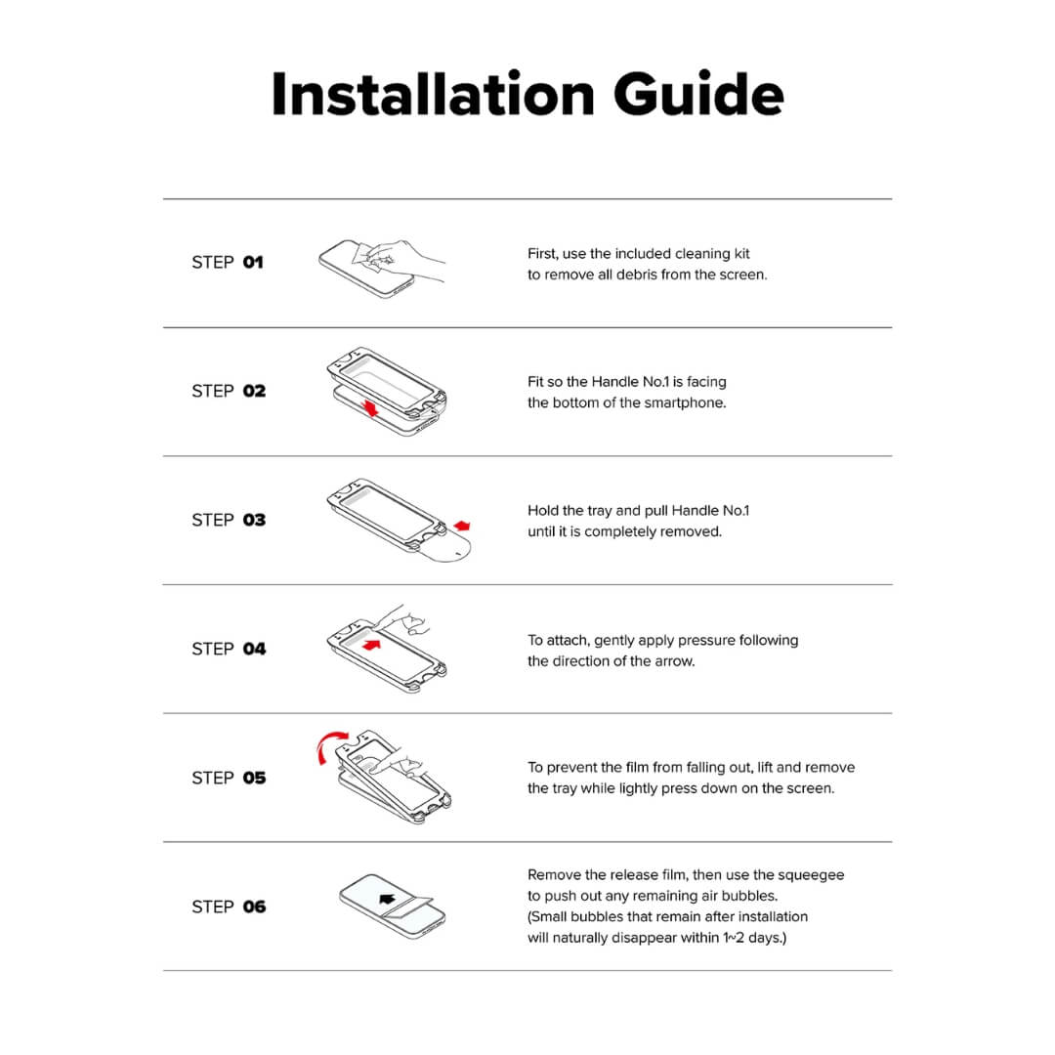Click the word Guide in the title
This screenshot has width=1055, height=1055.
tap(698, 96)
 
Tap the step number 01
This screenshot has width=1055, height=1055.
tap(253, 262)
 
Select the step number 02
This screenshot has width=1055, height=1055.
tap(254, 391)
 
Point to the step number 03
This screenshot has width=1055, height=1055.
tap(254, 520)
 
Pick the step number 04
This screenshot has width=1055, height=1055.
tap(254, 649)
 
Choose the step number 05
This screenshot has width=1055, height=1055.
tap(254, 778)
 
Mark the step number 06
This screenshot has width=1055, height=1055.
tap(254, 907)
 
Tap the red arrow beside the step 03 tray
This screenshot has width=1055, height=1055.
tap(462, 526)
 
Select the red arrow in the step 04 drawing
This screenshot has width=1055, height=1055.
tap(369, 644)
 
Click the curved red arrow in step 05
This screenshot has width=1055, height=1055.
tap(328, 747)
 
